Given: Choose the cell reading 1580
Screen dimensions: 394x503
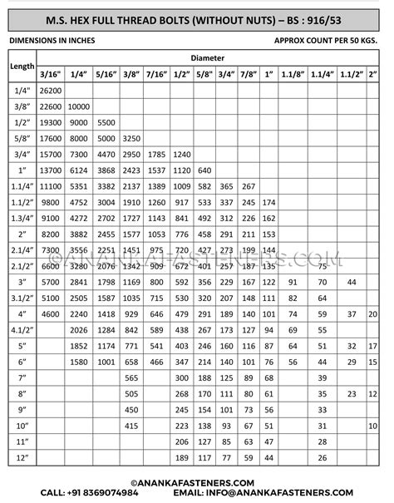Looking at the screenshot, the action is coord(79,362).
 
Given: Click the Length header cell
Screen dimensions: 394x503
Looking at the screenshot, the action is coord(21,66).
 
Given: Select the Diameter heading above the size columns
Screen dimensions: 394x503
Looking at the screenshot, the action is coord(207,58).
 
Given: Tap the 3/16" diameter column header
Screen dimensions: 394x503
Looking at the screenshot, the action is coord(50,74).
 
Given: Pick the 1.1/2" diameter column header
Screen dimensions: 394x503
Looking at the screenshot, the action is coord(352,74).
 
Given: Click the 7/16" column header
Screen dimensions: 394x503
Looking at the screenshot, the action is coord(157,74).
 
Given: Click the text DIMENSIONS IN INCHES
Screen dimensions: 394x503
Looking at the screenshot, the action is coord(52,39).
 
